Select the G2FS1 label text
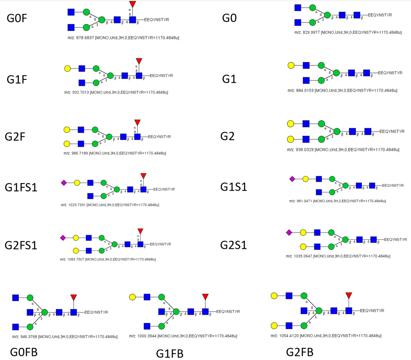pyautogui.click(x=21, y=245)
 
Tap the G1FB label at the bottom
pyautogui.click(x=169, y=353)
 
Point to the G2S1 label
pyautogui.click(x=233, y=245)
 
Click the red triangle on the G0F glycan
pyautogui.click(x=132, y=4)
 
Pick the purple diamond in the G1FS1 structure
pyautogui.click(x=64, y=183)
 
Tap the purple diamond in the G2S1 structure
pyautogui.click(x=289, y=232)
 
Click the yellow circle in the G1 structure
pyautogui.click(x=291, y=65)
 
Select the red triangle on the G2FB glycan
pyautogui.click(x=349, y=295)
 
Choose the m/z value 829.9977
pyautogui.click(x=311, y=32)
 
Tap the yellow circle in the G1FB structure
pyautogui.click(x=132, y=297)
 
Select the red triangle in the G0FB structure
pyautogui.click(x=74, y=297)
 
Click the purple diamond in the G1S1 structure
pyautogui.click(x=292, y=179)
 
